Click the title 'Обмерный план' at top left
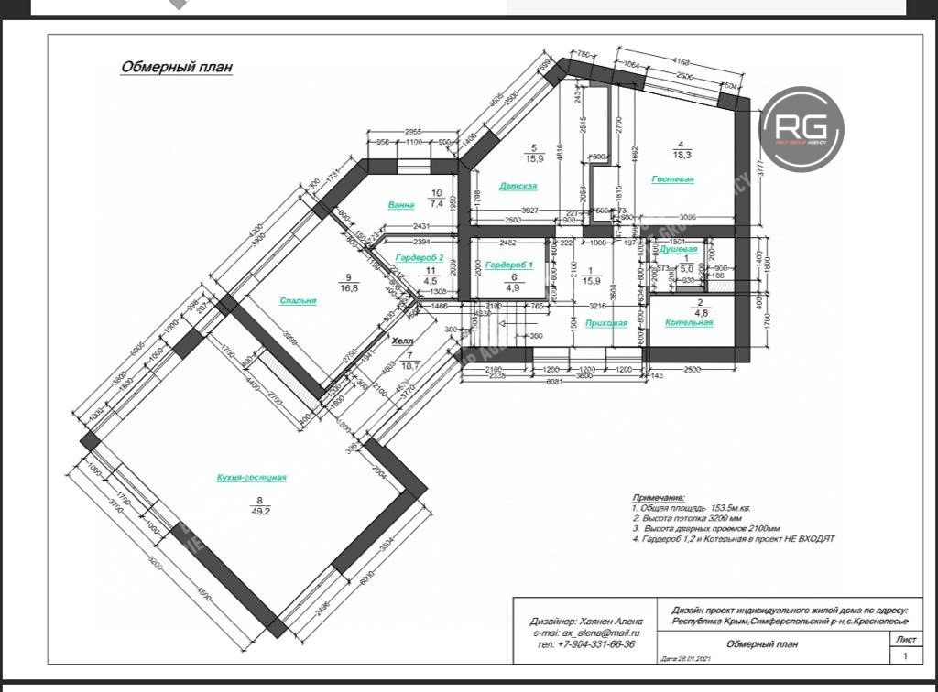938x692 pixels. coord(177,67)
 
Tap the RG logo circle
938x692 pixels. coord(802,129)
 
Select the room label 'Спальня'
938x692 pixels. coord(299,300)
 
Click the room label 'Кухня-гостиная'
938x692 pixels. coord(252,478)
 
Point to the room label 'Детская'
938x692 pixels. coord(518,186)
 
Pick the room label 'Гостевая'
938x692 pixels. coord(672,179)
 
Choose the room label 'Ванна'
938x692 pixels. coord(401,205)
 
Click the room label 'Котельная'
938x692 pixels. coord(689,323)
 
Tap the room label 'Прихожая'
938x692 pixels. coord(606,323)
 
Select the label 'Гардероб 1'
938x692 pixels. coord(509,265)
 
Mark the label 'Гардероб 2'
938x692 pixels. coord(420,258)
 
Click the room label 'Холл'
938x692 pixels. coord(402,341)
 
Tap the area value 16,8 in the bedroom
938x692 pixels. coord(349,287)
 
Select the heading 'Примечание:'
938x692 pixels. coord(659,497)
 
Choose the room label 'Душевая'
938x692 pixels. coord(679,249)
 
